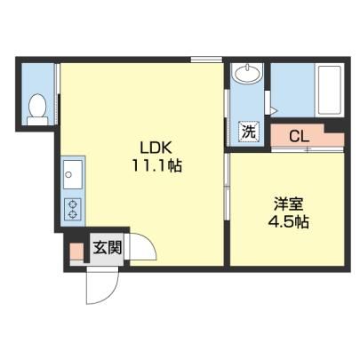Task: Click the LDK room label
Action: point(156,148)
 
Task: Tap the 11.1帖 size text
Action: point(156,165)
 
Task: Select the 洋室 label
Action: point(288,204)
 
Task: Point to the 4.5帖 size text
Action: point(288,221)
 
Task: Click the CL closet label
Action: point(299,137)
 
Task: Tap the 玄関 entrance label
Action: point(108,248)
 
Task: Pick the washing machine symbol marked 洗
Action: point(249,132)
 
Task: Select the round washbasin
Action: point(247,72)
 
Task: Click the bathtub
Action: point(329,90)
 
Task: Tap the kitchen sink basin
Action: point(72,174)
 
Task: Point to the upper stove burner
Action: point(73,204)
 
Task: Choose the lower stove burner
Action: point(73,214)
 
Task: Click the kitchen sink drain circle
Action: point(68,174)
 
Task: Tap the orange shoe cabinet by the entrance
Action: point(76,251)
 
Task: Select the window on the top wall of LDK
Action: point(206,60)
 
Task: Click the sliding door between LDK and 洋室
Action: point(227,187)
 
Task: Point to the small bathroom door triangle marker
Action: point(274,111)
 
